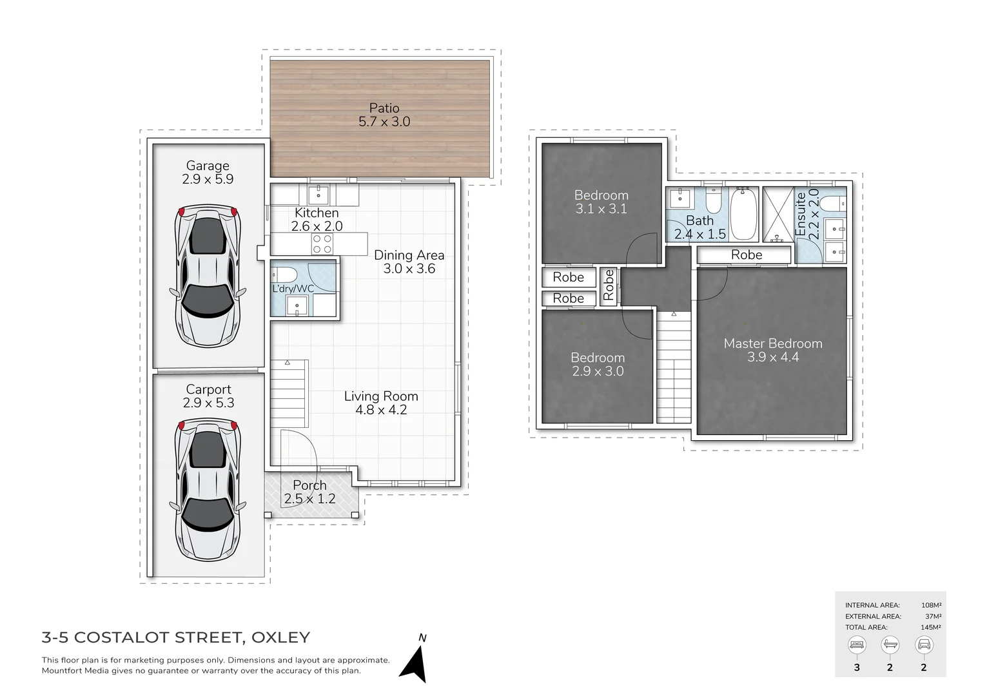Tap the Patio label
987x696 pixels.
[x=384, y=108]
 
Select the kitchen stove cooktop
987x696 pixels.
[x=322, y=244]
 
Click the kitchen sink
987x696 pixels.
[x=318, y=194]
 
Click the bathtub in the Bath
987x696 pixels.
[x=744, y=214]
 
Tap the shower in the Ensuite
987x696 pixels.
[x=778, y=214]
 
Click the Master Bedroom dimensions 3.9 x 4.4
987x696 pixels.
[x=773, y=358]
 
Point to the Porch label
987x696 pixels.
[x=309, y=485]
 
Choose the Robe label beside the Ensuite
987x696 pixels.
[x=747, y=255]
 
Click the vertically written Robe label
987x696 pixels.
[x=608, y=285]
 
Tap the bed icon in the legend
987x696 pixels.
[x=857, y=644]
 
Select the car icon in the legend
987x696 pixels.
[x=924, y=644]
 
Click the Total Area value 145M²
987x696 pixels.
[x=931, y=627]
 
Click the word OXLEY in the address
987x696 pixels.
[x=280, y=637]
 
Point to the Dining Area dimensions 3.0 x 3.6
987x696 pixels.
[x=409, y=269]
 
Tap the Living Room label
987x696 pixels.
[x=381, y=396]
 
